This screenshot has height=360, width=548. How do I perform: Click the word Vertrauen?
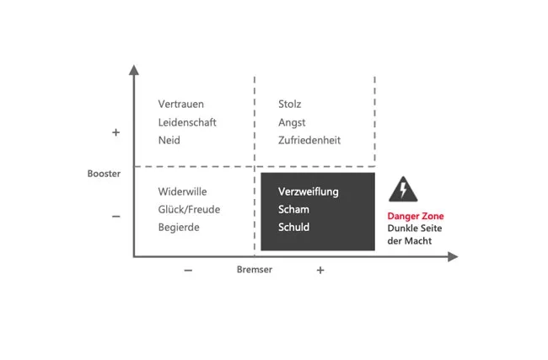(182, 105)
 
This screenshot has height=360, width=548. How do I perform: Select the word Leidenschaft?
(187, 122)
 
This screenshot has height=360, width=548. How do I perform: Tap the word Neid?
(169, 140)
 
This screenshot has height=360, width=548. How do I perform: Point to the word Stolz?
(290, 105)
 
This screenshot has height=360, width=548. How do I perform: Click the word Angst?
(292, 122)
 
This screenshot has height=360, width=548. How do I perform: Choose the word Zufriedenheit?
(309, 140)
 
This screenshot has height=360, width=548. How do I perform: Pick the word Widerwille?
(182, 191)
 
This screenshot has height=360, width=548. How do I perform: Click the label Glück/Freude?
(189, 209)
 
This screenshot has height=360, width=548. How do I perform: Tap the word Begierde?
(179, 227)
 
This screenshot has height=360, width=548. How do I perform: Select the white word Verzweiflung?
(309, 191)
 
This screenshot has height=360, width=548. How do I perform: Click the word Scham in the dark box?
(293, 209)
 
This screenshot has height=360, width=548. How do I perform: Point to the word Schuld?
(294, 227)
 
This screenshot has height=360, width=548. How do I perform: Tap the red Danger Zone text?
(415, 216)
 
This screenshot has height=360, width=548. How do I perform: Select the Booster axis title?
(104, 174)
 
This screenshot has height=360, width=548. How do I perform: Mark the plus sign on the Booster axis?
(116, 132)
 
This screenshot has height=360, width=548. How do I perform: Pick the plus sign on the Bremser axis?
(320, 270)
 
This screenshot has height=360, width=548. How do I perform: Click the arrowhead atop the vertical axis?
(133, 69)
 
